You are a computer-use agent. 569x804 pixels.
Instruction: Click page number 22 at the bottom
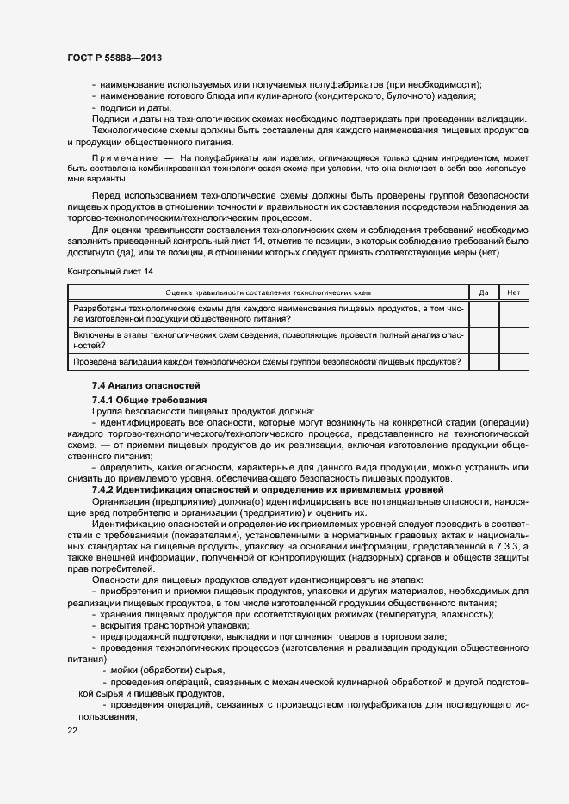point(72,730)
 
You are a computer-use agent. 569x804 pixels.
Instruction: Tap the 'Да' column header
point(484,292)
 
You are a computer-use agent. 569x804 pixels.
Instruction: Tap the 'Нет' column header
point(514,292)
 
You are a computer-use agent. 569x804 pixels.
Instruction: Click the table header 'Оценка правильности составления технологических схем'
point(268,292)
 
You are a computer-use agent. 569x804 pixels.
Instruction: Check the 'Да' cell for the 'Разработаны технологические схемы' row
point(484,313)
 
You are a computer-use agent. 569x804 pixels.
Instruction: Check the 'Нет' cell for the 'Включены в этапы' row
point(514,340)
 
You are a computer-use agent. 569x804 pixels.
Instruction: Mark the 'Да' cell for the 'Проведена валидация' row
point(484,361)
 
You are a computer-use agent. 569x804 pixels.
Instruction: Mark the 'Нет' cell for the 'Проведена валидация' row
point(514,361)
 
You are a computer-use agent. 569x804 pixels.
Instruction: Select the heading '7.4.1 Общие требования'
point(149,401)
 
